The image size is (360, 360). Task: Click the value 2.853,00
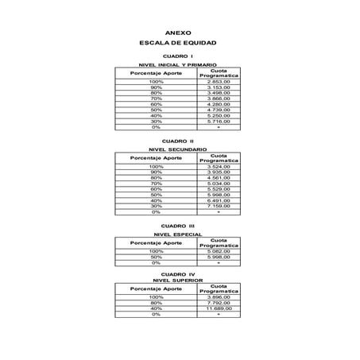[218, 81]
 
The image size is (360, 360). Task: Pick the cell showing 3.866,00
[218, 98]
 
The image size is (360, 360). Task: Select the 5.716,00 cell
[218, 121]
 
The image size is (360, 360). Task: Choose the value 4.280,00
[218, 104]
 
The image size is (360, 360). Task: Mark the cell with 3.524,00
[218, 166]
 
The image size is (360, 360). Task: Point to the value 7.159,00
[218, 206]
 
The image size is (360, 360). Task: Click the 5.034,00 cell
[218, 183]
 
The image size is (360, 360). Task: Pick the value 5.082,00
[218, 251]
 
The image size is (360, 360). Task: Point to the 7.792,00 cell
[218, 303]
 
